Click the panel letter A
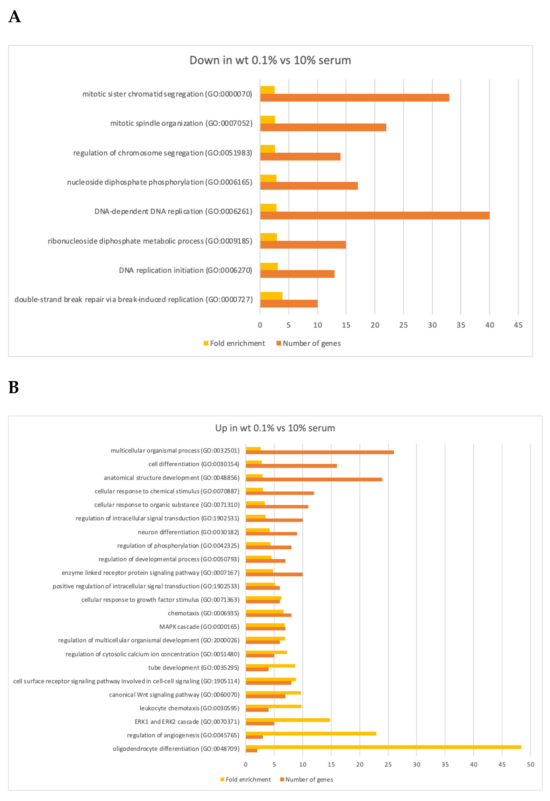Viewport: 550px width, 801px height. (x=15, y=17)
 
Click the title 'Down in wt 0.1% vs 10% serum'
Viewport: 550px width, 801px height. (x=270, y=60)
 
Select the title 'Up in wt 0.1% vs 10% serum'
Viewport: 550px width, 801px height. (x=275, y=428)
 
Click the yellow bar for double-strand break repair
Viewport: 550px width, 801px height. (x=271, y=296)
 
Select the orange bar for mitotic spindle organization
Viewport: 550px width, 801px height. (x=323, y=127)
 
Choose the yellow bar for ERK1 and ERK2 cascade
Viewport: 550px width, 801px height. (x=288, y=720)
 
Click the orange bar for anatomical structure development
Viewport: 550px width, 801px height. (x=314, y=479)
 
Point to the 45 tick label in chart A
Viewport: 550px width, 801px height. (x=518, y=325)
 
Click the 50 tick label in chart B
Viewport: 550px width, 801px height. (x=530, y=764)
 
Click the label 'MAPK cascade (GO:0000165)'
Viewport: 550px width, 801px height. (x=199, y=627)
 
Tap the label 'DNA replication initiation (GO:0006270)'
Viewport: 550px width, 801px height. (x=185, y=270)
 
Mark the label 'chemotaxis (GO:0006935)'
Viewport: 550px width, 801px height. (x=203, y=613)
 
